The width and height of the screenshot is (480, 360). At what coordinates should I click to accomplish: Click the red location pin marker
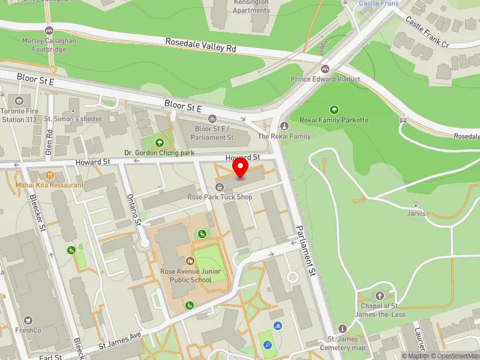point(241,168)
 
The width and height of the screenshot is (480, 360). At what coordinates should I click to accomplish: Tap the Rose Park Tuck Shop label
point(220,197)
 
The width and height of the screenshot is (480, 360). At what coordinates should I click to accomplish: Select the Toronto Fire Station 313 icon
point(19,100)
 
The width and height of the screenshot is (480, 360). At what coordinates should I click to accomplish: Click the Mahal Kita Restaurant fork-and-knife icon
point(49,175)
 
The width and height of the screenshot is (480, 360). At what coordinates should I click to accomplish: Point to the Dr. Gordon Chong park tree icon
point(160,142)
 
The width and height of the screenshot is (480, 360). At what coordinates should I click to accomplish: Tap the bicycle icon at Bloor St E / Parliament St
point(213,119)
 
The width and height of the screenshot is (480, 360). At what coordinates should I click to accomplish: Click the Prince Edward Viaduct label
point(325,79)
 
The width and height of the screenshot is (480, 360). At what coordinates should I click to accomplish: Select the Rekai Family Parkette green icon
point(334,110)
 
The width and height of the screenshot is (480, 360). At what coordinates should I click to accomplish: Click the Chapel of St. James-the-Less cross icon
point(379,296)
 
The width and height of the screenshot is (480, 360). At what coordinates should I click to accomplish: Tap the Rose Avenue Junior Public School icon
point(190,261)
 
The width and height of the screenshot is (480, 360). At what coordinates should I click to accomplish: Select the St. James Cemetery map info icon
point(343,328)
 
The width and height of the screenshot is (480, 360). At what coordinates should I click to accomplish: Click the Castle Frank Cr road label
point(427,32)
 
